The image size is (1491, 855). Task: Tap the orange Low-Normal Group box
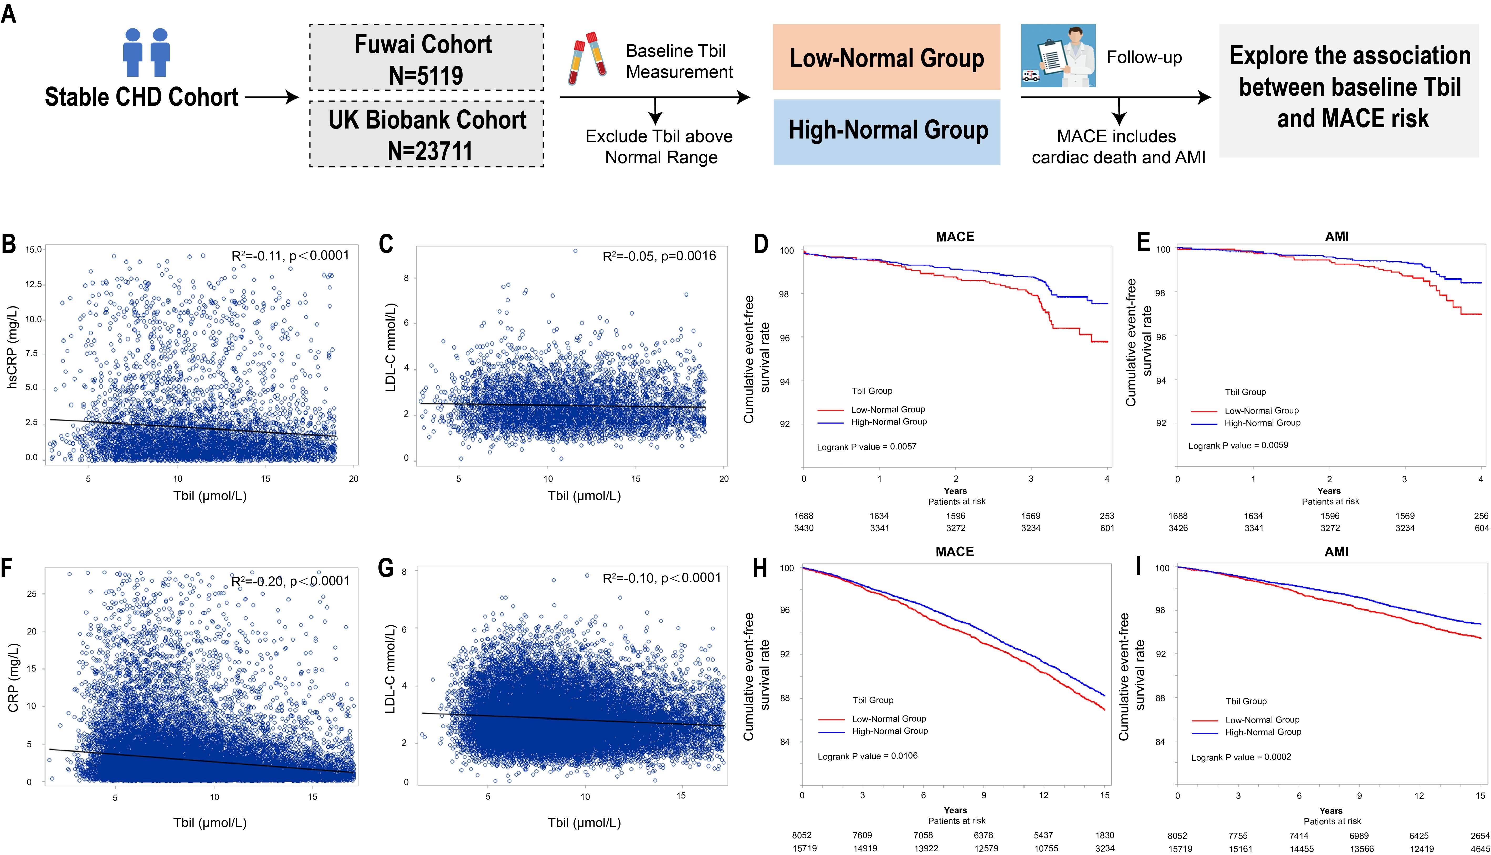click(887, 58)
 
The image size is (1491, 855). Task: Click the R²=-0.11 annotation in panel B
click(290, 255)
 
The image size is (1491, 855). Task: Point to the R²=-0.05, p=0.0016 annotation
click(659, 256)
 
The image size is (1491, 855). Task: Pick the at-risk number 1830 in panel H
click(1104, 835)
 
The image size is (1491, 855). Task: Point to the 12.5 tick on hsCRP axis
click(33, 284)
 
